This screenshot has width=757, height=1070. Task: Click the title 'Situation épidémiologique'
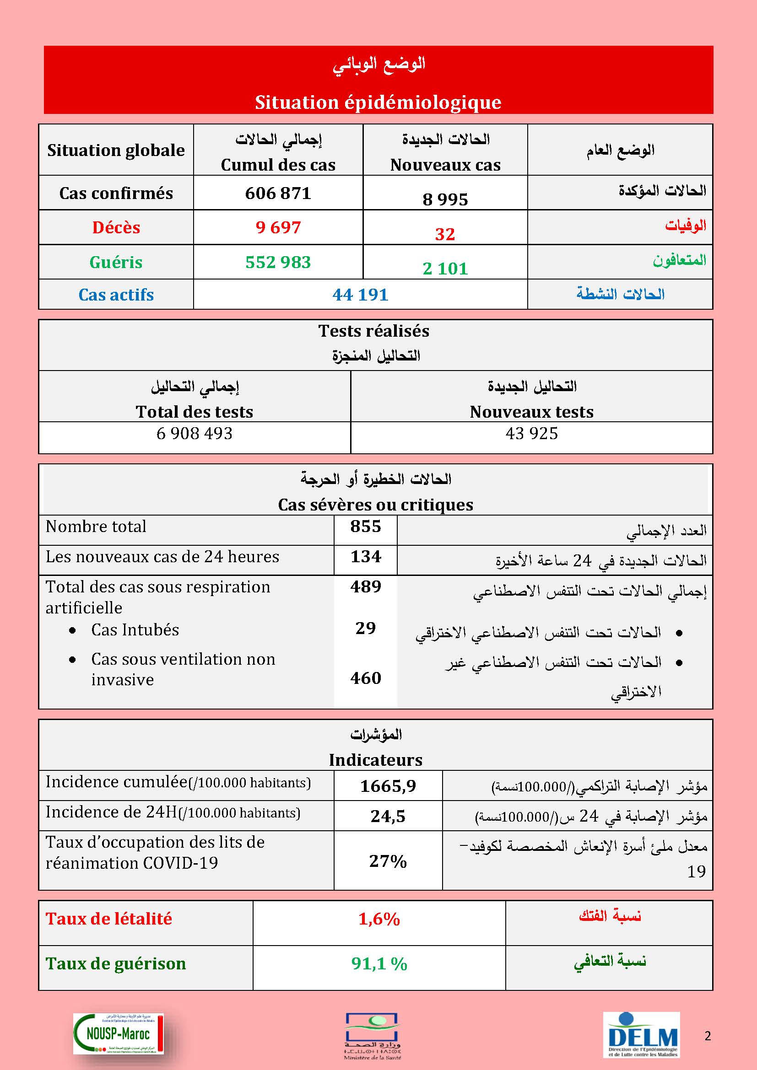pyautogui.click(x=378, y=102)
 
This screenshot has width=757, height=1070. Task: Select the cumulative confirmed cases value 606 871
pyautogui.click(x=278, y=193)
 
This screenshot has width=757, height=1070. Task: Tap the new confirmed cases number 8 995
pyautogui.click(x=445, y=199)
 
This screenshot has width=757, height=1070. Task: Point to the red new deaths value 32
pyautogui.click(x=445, y=234)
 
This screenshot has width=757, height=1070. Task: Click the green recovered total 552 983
pyautogui.click(x=278, y=262)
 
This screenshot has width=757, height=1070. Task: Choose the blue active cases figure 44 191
pyautogui.click(x=360, y=295)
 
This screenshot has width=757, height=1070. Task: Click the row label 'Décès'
pyautogui.click(x=116, y=227)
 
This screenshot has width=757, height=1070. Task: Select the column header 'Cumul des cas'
pyautogui.click(x=278, y=165)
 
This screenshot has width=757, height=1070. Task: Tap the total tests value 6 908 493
pyautogui.click(x=195, y=433)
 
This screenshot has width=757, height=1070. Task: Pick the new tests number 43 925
pyautogui.click(x=531, y=433)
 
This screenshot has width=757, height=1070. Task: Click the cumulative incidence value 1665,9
pyautogui.click(x=388, y=786)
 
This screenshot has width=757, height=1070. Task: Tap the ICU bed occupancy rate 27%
pyautogui.click(x=388, y=861)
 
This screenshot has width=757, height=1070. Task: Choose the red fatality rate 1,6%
pyautogui.click(x=379, y=919)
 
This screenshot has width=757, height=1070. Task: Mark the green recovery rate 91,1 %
pyautogui.click(x=379, y=964)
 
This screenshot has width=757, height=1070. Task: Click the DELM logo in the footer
pyautogui.click(x=642, y=1035)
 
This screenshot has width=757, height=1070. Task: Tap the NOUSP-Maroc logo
pyautogui.click(x=119, y=1034)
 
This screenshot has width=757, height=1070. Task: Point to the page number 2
pyautogui.click(x=708, y=1036)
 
